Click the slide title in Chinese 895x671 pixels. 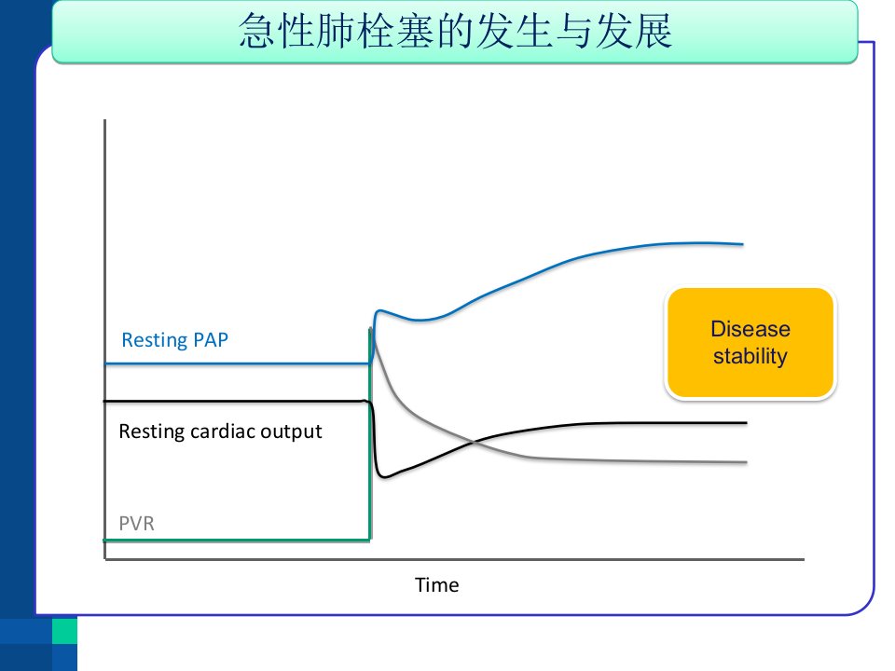point(455,31)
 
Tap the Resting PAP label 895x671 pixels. point(174,340)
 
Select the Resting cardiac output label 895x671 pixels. point(220,431)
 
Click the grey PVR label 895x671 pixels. point(136,523)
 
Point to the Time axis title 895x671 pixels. point(436,585)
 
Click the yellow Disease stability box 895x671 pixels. point(750,342)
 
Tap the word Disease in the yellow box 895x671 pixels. point(750,329)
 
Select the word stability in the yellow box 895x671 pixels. point(750,356)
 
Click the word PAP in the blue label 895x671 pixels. point(211,340)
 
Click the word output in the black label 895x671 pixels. point(291,432)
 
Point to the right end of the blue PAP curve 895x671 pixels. point(743,244)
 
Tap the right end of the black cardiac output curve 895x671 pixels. point(746,423)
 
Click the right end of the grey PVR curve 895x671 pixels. point(746,462)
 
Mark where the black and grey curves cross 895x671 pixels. point(474,441)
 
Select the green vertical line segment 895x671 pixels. point(370,433)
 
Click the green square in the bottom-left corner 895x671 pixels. point(64,631)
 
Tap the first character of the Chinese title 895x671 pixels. point(257,31)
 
